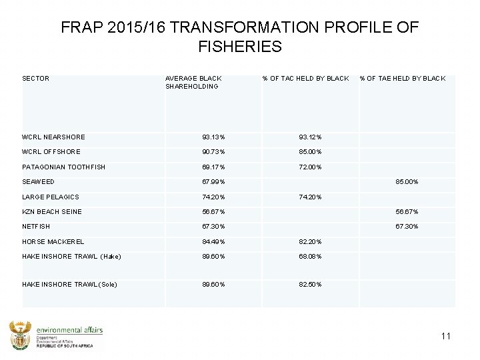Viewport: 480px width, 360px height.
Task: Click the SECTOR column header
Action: click(35, 79)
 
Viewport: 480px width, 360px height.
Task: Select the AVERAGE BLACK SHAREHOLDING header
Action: click(193, 82)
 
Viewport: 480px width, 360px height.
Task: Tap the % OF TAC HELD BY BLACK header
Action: click(305, 79)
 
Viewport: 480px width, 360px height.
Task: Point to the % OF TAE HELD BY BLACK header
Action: click(402, 79)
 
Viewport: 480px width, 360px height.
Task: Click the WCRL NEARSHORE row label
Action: click(53, 137)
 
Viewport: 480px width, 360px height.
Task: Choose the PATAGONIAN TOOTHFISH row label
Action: click(63, 167)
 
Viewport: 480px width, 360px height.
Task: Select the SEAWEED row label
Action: click(38, 182)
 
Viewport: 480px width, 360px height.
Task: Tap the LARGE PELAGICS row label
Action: click(50, 197)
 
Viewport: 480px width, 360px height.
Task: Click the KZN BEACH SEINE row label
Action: click(52, 212)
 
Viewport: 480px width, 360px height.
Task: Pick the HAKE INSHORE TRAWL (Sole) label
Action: click(69, 285)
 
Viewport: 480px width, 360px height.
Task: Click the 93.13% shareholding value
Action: click(214, 137)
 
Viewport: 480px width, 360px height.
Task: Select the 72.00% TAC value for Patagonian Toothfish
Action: click(310, 167)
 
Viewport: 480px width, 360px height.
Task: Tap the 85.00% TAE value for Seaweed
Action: click(407, 182)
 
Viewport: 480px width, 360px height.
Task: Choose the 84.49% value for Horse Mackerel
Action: click(214, 242)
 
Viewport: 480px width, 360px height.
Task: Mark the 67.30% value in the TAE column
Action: click(407, 227)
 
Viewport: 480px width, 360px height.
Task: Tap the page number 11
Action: click(445, 336)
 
